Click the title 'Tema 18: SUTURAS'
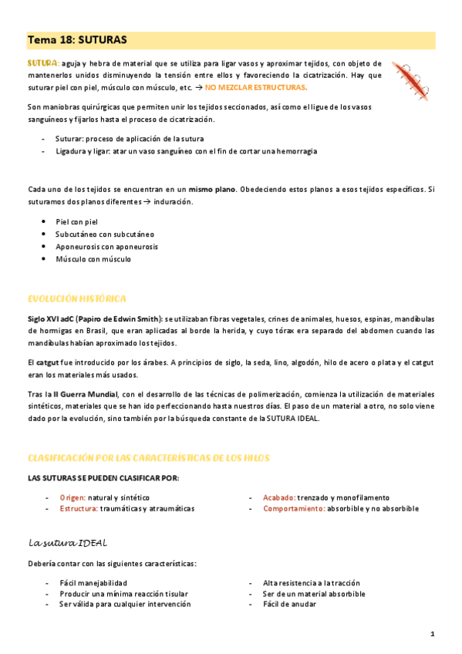77,39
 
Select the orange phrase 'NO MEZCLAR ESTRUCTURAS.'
255,87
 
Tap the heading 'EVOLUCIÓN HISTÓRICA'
77,298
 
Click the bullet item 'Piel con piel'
77,221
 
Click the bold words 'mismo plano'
212,188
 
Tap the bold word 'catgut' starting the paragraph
50,362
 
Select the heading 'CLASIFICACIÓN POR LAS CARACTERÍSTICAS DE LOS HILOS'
149,457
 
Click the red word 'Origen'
73,497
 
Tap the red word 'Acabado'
278,497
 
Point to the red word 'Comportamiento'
292,509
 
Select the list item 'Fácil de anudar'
289,605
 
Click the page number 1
433,634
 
